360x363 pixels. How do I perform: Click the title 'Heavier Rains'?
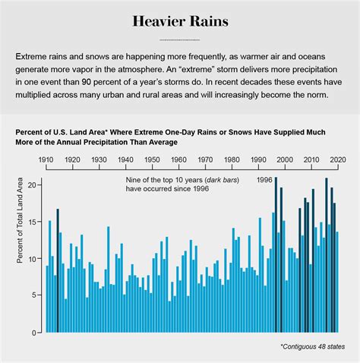180,20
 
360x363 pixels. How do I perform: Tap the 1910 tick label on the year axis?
46,160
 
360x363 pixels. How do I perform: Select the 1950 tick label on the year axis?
153,160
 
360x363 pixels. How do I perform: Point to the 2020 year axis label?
338,160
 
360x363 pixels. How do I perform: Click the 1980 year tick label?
232,160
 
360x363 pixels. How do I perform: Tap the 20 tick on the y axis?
32,185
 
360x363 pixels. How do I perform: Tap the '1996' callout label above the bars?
264,180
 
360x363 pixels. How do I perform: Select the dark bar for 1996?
275,255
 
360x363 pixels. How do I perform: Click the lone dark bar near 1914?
58,270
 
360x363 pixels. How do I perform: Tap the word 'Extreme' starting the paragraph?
31,57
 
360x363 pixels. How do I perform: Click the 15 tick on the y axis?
32,222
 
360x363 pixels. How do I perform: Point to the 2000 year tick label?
285,160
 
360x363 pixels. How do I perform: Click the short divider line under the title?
180,39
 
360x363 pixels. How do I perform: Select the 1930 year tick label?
99,160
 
